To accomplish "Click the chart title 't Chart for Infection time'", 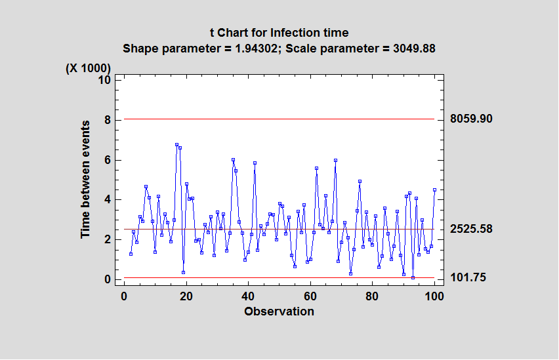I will point(279,33).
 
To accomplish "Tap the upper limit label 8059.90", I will point(471,119).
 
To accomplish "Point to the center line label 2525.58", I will point(471,229).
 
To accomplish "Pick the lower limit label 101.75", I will point(468,278).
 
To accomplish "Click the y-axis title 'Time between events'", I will point(86,179).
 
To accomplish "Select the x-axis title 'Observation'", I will point(279,311).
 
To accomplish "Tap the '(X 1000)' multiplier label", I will point(88,68).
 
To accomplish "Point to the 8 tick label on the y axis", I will point(108,120).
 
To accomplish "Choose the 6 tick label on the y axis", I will point(108,160).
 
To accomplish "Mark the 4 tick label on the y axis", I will point(108,200).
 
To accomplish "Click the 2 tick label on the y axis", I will point(108,240).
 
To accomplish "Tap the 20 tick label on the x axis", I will point(186,296).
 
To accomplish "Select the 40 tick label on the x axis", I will point(248,296).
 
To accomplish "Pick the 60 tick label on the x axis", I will point(310,296).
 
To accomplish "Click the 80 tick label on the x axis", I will point(372,296).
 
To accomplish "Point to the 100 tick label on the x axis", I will point(434,296).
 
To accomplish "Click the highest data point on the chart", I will point(176,144).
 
